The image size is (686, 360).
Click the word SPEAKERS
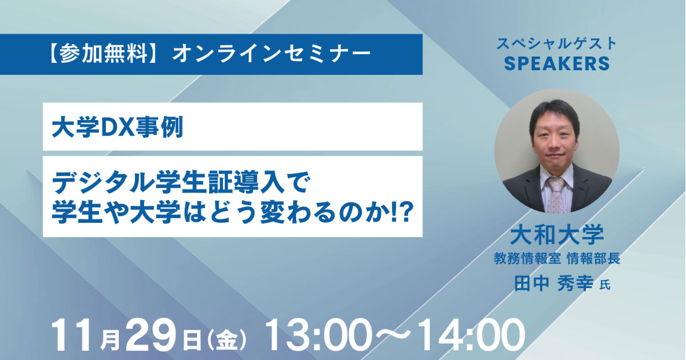tap(557, 63)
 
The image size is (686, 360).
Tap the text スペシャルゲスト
tap(556, 43)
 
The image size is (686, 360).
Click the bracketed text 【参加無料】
tap(104, 54)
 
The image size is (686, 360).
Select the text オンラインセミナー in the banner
tap(272, 54)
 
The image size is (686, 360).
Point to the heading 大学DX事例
tap(118, 127)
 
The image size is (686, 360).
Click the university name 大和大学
tap(557, 234)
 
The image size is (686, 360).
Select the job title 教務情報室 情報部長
tap(557, 258)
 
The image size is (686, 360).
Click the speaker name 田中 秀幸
tap(554, 283)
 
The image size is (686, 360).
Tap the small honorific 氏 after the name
tap(605, 285)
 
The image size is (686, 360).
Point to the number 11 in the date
tap(74, 335)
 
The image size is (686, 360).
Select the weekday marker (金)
tap(226, 339)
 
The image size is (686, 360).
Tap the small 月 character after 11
tap(110, 340)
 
